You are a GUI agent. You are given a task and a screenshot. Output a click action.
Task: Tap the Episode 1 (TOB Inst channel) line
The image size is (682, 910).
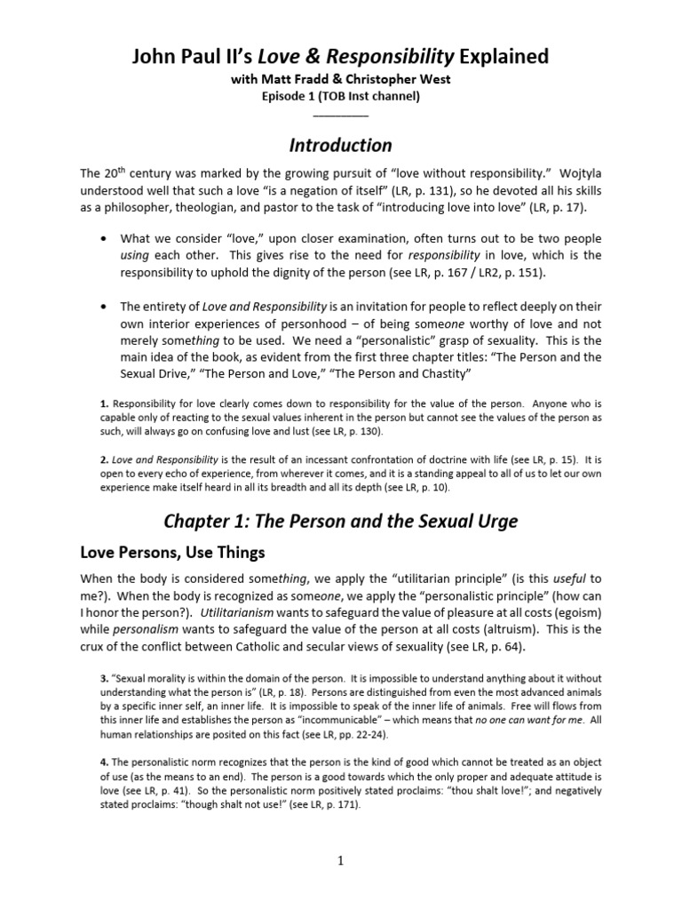pos(341,98)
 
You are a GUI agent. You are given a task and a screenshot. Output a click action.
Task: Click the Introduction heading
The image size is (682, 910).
pos(341,145)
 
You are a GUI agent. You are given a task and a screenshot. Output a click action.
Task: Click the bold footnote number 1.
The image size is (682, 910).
pos(104,403)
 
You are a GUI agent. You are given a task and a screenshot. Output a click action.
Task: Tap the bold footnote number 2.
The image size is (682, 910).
pos(104,459)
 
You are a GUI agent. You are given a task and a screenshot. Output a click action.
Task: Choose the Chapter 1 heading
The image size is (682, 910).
pos(341,520)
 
